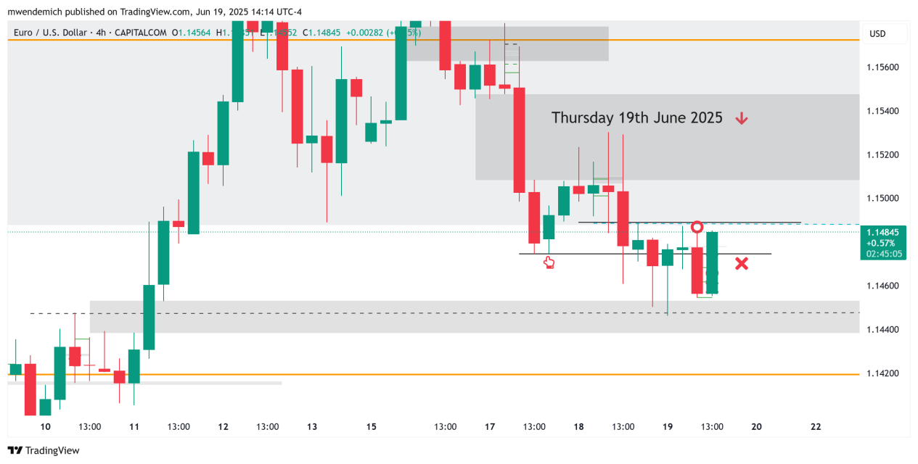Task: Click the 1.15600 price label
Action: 882,67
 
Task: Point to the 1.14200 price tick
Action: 882,373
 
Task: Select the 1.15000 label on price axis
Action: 882,199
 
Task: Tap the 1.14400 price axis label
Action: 882,330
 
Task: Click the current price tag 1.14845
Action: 882,233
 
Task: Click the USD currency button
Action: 877,33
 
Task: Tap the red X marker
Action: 741,264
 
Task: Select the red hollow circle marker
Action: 697,228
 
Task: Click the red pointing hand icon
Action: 549,262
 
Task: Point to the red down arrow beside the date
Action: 741,118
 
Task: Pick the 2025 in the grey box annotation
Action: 705,117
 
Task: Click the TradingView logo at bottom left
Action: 44,450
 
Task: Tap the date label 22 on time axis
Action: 816,426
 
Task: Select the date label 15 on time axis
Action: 371,426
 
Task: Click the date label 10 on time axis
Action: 45,426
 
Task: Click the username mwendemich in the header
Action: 36,12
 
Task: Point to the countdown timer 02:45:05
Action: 884,254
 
